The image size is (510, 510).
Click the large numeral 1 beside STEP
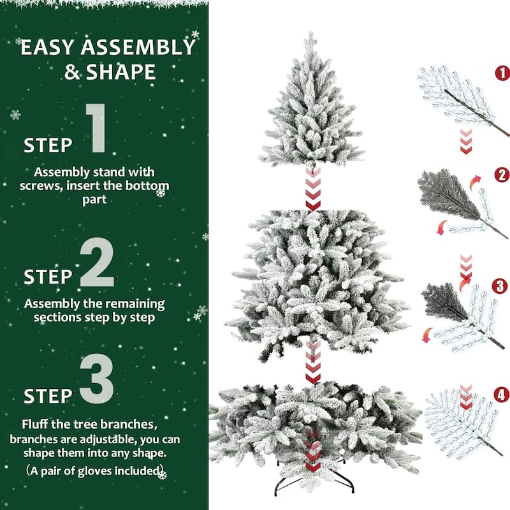pos(96,129)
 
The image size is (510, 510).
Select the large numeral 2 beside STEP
pos(97,265)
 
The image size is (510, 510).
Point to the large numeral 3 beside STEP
pos(97,381)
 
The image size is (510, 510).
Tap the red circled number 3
pos(502,285)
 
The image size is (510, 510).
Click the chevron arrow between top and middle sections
pos(312,189)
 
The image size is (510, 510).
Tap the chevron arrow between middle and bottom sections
pos(312,362)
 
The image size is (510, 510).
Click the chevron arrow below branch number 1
pos(466,141)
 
